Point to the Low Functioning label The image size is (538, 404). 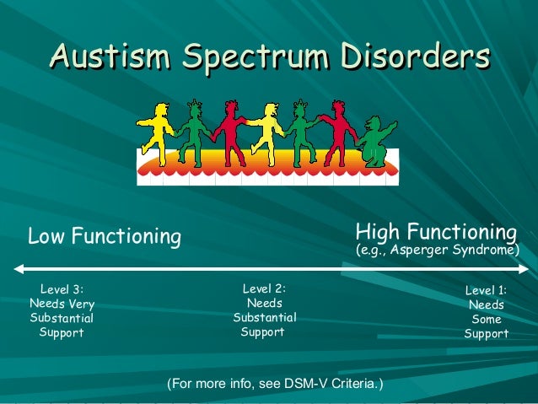[x=105, y=237]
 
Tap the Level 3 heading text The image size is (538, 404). [x=62, y=289]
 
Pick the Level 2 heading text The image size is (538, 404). [x=264, y=289]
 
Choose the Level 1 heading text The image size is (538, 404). [x=487, y=291]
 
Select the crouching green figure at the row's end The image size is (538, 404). [x=376, y=139]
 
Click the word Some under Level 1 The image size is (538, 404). [x=487, y=320]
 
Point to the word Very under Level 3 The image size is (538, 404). [x=81, y=304]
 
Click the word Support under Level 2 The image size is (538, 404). [x=262, y=331]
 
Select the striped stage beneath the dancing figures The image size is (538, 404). [x=267, y=167]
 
